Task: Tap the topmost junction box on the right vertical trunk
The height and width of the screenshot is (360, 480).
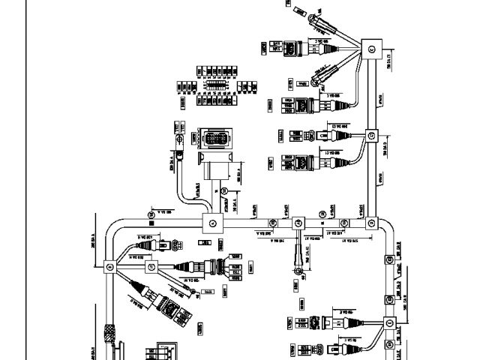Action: (370, 49)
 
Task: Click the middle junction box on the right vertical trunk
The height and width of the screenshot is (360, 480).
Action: (370, 136)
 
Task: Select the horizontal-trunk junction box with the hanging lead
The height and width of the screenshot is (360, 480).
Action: (298, 222)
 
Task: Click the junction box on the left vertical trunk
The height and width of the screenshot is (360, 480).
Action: (107, 264)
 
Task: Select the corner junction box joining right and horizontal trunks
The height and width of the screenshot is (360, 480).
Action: (370, 222)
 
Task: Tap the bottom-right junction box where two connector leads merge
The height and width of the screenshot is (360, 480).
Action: (390, 323)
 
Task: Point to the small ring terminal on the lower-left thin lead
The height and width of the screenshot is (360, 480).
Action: (192, 292)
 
